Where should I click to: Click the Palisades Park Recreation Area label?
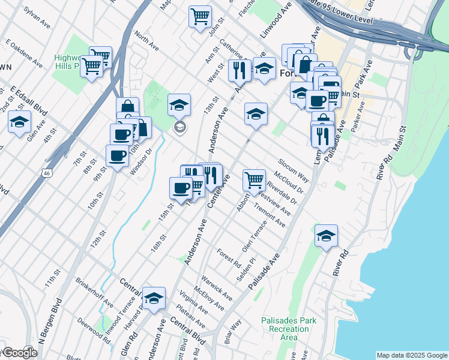[x=289, y=329]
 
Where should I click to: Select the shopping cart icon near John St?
[x=200, y=16]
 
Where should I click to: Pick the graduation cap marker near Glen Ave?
[x=19, y=122]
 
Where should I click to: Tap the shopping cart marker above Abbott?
[x=254, y=179]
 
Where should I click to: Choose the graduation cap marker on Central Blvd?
[x=154, y=298]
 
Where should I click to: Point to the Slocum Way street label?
[x=293, y=171]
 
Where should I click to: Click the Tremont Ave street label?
[x=270, y=215]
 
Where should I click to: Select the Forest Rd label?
[x=229, y=258]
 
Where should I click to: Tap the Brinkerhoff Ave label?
[x=95, y=292]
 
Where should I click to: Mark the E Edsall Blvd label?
[x=29, y=99]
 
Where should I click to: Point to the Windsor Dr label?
[x=142, y=158]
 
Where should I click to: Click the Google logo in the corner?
[x=19, y=353]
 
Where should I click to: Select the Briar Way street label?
[x=233, y=331]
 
